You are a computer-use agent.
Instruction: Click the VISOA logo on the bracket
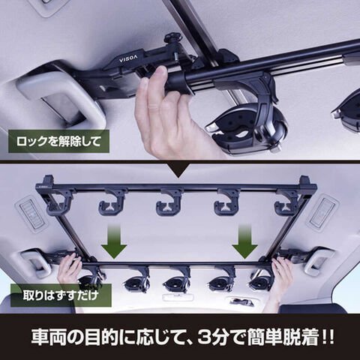pyautogui.click(x=128, y=59)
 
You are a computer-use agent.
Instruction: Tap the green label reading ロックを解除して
pyautogui.click(x=58, y=142)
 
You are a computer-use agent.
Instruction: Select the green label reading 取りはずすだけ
pyautogui.click(x=61, y=295)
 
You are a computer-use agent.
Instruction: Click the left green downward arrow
pyautogui.click(x=114, y=241)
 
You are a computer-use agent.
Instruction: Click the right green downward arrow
pyautogui.click(x=244, y=241)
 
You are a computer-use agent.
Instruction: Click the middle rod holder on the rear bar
pyautogui.click(x=169, y=201)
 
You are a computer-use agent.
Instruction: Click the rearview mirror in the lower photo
pyautogui.click(x=178, y=297)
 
